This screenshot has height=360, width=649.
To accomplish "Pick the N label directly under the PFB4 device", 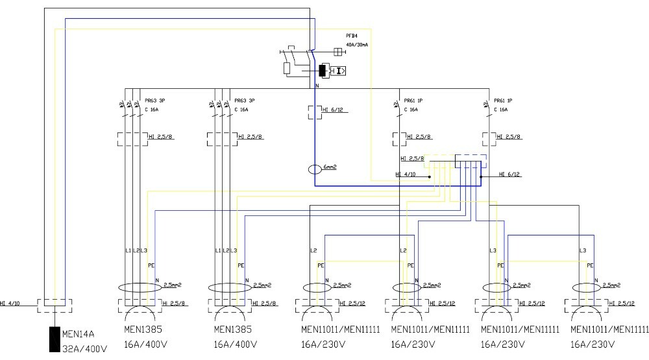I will tap(317, 86).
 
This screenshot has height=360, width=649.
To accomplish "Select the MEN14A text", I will tap(79, 335).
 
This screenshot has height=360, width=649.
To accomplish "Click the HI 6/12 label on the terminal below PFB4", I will tap(331, 110).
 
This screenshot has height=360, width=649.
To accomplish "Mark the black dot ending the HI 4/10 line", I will tap(429, 175).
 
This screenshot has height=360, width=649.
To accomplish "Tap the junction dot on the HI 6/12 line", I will tap(480, 175).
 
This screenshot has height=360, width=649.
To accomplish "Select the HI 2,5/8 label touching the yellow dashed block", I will tap(413, 158).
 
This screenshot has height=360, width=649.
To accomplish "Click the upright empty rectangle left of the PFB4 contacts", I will tap(287, 67).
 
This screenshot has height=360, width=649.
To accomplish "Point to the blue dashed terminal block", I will tap(471, 162).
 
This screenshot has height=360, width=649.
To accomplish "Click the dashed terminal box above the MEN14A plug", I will tap(55, 304).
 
